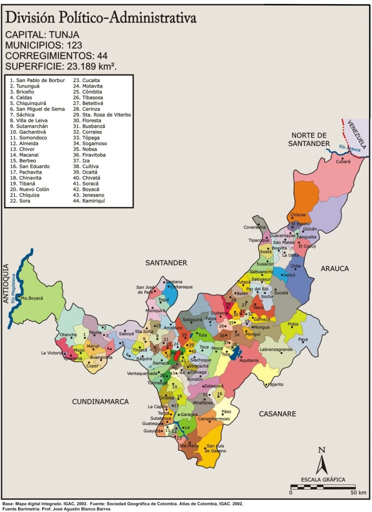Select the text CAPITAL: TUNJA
pyautogui.click(x=42, y=35)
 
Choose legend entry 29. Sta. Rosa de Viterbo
pyautogui.click(x=102, y=114)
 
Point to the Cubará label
pyautogui.click(x=343, y=161)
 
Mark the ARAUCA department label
pyautogui.click(x=334, y=268)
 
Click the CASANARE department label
pyautogui.click(x=277, y=413)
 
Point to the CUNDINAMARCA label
pyautogui.click(x=100, y=401)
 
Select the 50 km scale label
pyautogui.click(x=358, y=492)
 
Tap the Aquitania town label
pyautogui.click(x=249, y=360)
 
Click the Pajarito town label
pyautogui.click(x=275, y=384)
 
